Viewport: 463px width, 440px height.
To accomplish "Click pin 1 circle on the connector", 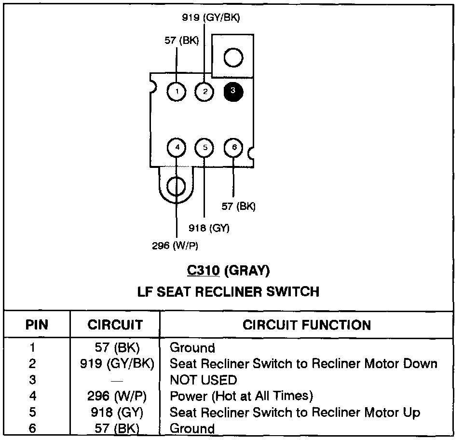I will (177, 91).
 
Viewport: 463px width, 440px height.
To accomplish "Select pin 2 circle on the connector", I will (205, 91).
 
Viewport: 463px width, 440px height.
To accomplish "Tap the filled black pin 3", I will (233, 91).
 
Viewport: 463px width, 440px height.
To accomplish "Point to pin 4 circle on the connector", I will (177, 148).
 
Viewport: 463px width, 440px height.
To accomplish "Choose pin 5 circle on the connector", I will (205, 148).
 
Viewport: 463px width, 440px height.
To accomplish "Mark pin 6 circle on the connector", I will (234, 148).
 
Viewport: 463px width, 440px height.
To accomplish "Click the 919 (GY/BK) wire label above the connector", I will (211, 18).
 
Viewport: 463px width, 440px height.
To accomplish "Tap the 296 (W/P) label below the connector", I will (175, 246).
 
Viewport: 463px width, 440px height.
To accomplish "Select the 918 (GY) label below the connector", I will (209, 228).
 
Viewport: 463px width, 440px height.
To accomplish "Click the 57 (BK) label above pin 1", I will (181, 41).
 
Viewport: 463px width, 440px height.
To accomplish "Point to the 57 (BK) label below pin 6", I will (238, 206).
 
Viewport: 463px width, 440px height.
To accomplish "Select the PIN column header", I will (37, 325).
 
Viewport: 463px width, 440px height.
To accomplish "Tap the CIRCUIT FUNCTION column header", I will (307, 325).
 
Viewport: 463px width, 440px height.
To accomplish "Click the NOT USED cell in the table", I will (203, 380).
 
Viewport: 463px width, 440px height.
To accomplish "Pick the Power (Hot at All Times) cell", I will (241, 396).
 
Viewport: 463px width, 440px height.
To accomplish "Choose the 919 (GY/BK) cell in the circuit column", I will (117, 363).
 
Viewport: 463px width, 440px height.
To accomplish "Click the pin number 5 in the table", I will (32, 412).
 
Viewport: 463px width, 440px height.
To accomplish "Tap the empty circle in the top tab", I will (233, 57).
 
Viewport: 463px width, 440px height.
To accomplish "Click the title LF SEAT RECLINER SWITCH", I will (229, 291).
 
